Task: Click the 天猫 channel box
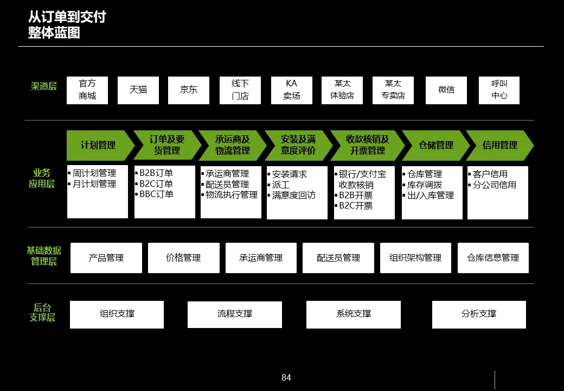pyautogui.click(x=138, y=90)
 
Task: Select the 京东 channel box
pyautogui.click(x=188, y=90)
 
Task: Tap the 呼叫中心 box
pyautogui.click(x=499, y=90)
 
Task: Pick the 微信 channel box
pyautogui.click(x=446, y=90)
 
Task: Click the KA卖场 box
pyautogui.click(x=291, y=90)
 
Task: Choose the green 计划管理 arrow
pyautogui.click(x=99, y=146)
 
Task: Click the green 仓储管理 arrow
pyautogui.click(x=435, y=146)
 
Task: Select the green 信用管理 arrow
pyautogui.click(x=500, y=146)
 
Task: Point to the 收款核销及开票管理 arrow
pyautogui.click(x=367, y=146)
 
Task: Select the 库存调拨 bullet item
pyautogui.click(x=425, y=185)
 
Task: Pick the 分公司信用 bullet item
pyautogui.click(x=494, y=185)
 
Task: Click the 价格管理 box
pyautogui.click(x=183, y=258)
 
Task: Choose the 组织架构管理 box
pyautogui.click(x=415, y=258)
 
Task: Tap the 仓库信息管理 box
pyautogui.click(x=493, y=258)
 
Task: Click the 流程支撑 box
pyautogui.click(x=234, y=314)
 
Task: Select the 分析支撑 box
pyautogui.click(x=479, y=314)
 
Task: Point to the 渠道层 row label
pyautogui.click(x=44, y=86)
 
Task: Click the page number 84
pyautogui.click(x=286, y=378)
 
